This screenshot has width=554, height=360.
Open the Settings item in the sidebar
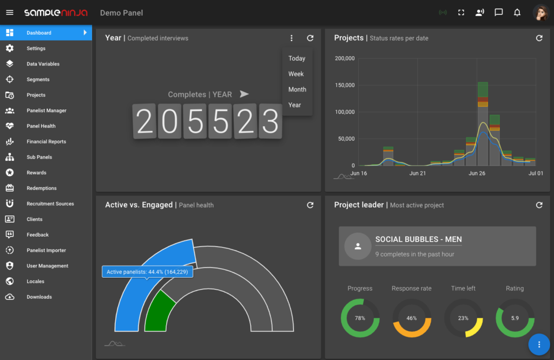[36, 49]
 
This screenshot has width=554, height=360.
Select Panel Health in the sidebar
[41, 126]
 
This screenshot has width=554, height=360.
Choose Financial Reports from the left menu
[46, 142]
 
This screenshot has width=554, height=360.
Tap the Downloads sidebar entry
[39, 297]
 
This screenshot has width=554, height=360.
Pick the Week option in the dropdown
[296, 74]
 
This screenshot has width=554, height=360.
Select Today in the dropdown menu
[296, 58]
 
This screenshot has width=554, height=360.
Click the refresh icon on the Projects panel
[539, 38]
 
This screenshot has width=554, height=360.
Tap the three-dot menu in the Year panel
[292, 38]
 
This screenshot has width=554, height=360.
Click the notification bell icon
[517, 12]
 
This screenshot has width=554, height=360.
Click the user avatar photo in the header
[540, 12]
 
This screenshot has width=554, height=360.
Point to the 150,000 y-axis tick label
[345, 86]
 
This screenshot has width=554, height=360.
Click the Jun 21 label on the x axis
[418, 174]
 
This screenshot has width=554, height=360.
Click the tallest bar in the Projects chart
[483, 125]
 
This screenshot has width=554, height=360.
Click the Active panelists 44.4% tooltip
[147, 272]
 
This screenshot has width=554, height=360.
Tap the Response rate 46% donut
[412, 318]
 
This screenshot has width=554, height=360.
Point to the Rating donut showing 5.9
[515, 318]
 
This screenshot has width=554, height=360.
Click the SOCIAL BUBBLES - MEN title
[418, 239]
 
